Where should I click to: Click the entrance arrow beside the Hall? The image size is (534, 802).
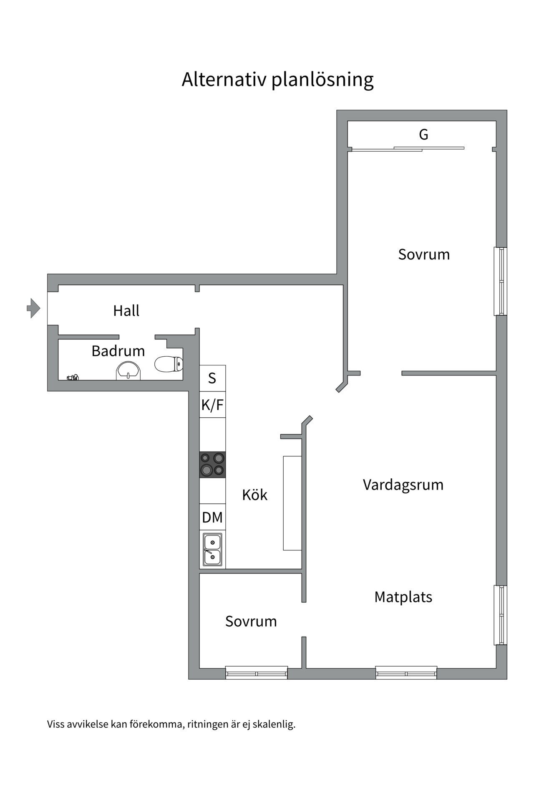coord(33,308)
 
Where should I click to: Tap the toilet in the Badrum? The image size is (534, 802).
coord(169,364)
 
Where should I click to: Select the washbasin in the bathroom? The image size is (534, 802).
coord(128,371)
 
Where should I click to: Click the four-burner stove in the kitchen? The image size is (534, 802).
coord(212,464)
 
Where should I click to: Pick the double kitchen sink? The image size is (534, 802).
coord(212,549)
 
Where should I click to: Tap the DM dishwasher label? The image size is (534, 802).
coord(212,518)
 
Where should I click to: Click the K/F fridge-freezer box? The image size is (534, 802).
coord(212,405)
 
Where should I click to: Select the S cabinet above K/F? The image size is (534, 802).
coord(212,378)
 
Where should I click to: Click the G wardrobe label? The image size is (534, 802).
coord(423,135)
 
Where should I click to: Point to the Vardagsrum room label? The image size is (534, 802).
coord(403,485)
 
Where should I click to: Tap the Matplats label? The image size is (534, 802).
coord(403,597)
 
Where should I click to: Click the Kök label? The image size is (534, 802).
coord(254,495)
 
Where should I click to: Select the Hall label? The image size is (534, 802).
coord(126,311)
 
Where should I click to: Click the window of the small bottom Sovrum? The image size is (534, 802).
coord(257,673)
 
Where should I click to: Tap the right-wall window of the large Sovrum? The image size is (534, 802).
coord(501,281)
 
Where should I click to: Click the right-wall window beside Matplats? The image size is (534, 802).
coord(501,615)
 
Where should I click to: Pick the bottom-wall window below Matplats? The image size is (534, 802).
coord(406,673)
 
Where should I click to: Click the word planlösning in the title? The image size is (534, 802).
coord(322,80)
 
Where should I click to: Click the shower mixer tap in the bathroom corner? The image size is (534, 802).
coord(73,378)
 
